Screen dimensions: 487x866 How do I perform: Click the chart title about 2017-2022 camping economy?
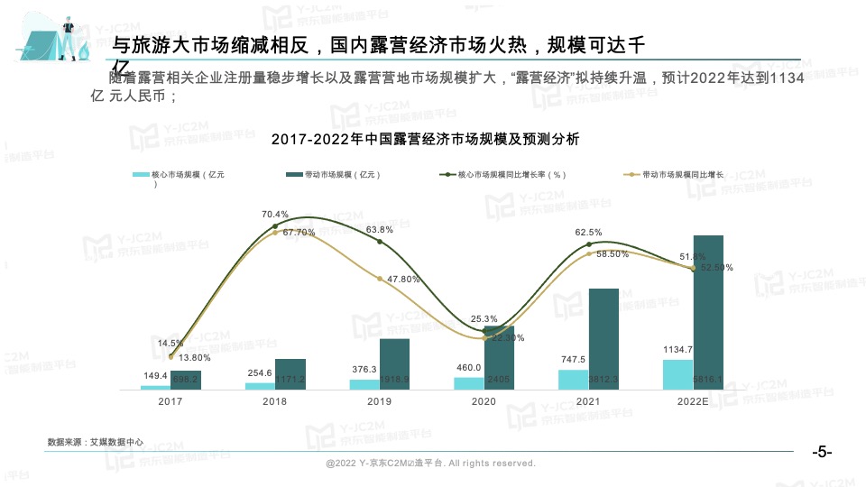click(425, 140)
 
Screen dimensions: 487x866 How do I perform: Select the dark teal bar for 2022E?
click(708, 312)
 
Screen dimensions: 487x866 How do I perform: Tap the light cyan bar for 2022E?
click(677, 374)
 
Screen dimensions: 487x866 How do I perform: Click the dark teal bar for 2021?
click(603, 339)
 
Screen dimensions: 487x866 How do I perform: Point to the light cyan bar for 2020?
click(468, 383)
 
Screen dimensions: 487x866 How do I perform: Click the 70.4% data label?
click(275, 215)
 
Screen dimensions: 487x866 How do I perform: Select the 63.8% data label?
click(379, 230)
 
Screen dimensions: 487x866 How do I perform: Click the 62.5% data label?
click(588, 233)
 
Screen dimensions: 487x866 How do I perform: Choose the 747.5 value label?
click(573, 360)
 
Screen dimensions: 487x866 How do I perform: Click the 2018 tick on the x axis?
click(275, 402)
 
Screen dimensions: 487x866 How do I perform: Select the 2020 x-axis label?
click(484, 402)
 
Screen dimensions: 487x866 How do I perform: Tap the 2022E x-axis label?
click(693, 402)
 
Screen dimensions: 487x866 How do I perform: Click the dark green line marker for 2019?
click(380, 242)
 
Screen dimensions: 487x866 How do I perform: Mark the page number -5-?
click(822, 452)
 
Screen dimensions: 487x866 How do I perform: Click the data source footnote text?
click(96, 443)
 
